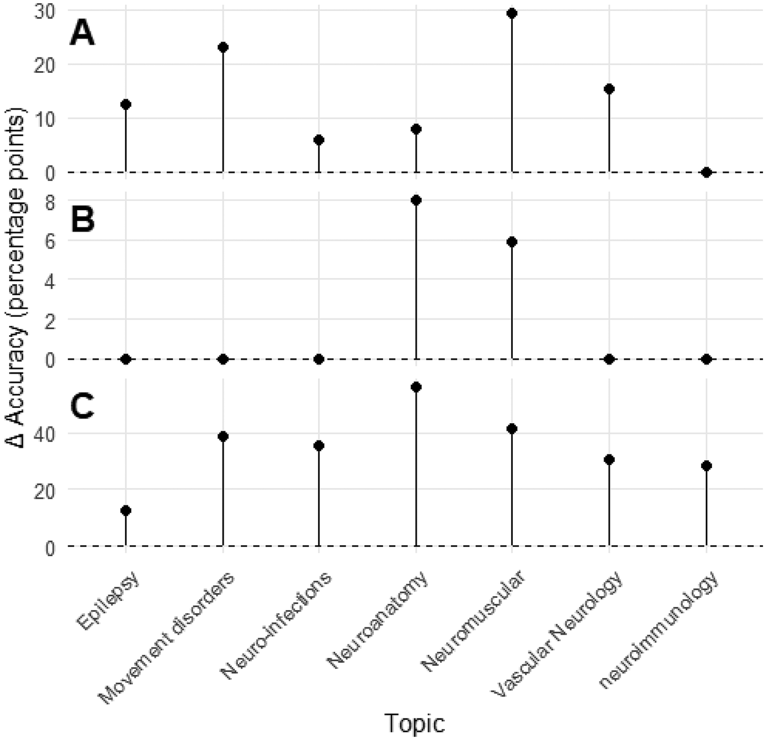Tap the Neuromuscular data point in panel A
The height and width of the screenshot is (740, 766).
click(512, 13)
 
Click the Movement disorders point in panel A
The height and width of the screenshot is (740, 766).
click(223, 47)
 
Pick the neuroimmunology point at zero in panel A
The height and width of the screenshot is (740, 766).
click(707, 172)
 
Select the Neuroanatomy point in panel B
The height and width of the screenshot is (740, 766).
click(416, 200)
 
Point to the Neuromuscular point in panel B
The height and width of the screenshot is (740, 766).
click(512, 242)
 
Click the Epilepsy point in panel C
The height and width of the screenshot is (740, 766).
click(126, 510)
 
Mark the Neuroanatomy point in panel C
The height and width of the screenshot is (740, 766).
click(416, 387)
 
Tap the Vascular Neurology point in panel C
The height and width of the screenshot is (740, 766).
click(609, 459)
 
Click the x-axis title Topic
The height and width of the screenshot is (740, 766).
click(415, 724)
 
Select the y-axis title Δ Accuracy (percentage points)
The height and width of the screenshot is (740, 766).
click(18, 279)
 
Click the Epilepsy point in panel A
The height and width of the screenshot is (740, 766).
click(126, 104)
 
